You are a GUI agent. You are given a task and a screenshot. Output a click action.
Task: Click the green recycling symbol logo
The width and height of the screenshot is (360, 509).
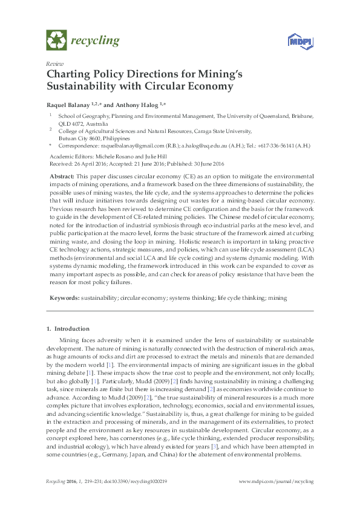(56, 40)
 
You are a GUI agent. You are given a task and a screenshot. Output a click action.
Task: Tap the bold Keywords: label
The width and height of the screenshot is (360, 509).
(64, 298)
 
